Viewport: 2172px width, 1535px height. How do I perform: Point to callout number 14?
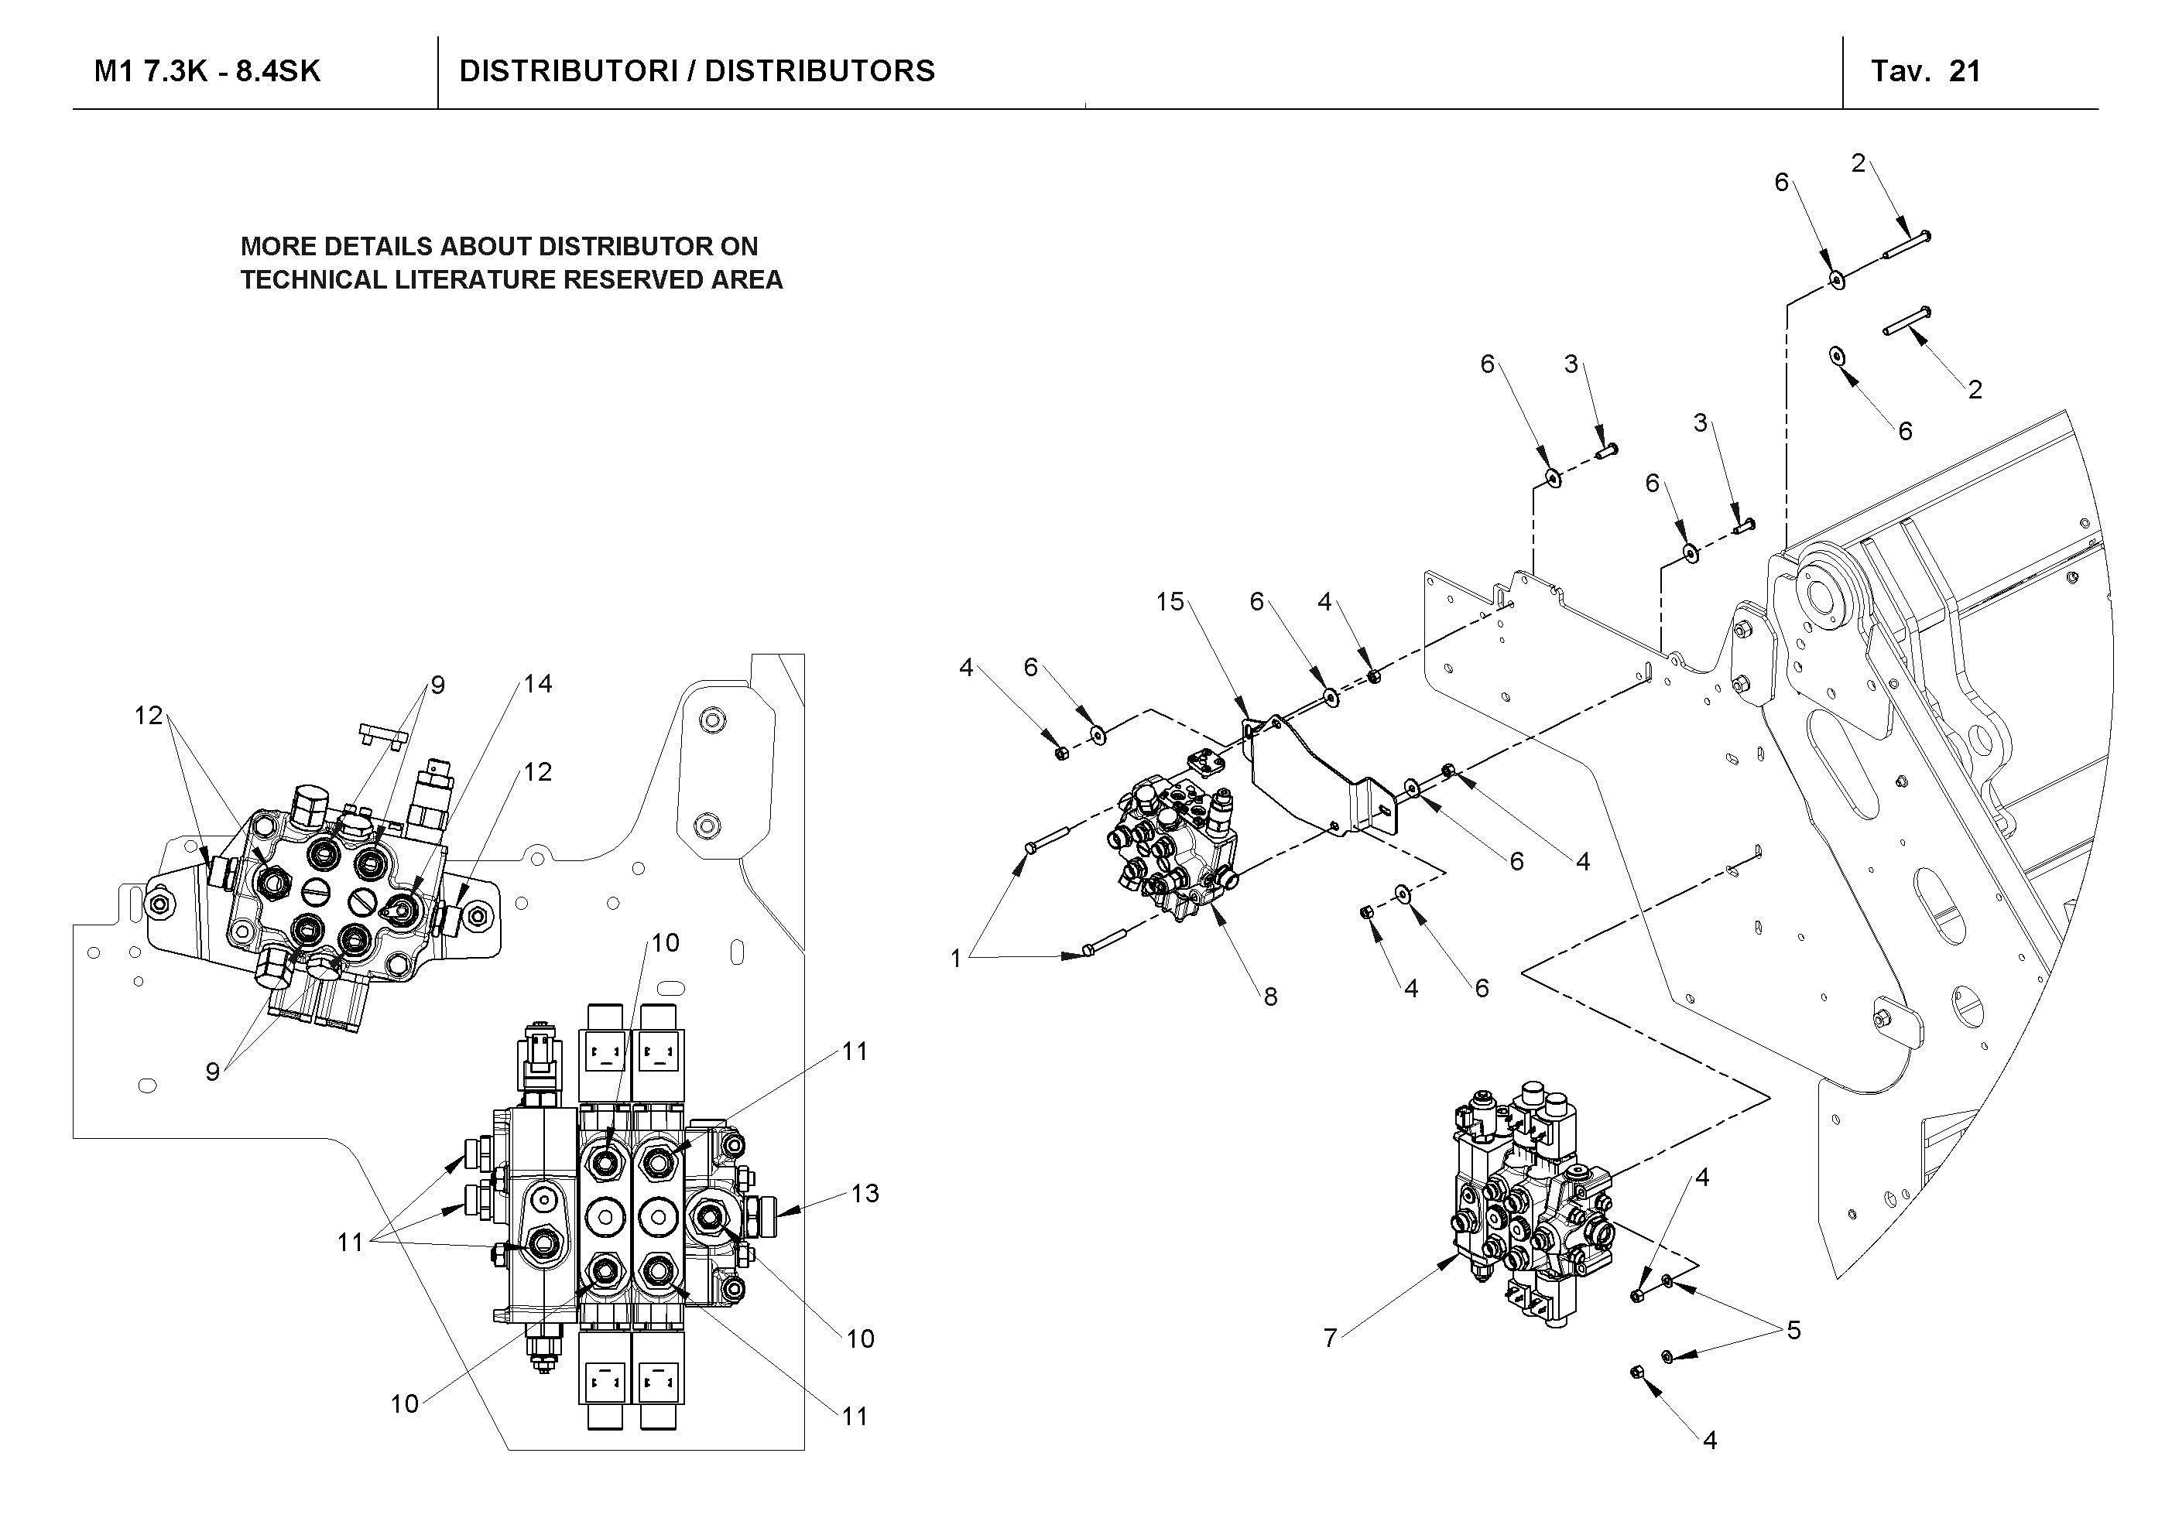pyautogui.click(x=537, y=684)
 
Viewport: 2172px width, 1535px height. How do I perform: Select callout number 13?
pyautogui.click(x=865, y=1194)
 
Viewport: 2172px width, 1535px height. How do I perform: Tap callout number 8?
pyautogui.click(x=1270, y=997)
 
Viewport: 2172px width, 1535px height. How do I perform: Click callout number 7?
pyautogui.click(x=1330, y=1338)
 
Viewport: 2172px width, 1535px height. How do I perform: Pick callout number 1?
pyautogui.click(x=955, y=959)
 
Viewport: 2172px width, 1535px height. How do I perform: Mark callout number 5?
pyautogui.click(x=1793, y=1331)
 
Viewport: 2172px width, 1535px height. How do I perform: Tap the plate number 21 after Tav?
pyautogui.click(x=1965, y=72)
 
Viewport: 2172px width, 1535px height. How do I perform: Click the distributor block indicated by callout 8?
pyautogui.click(x=1173, y=851)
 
